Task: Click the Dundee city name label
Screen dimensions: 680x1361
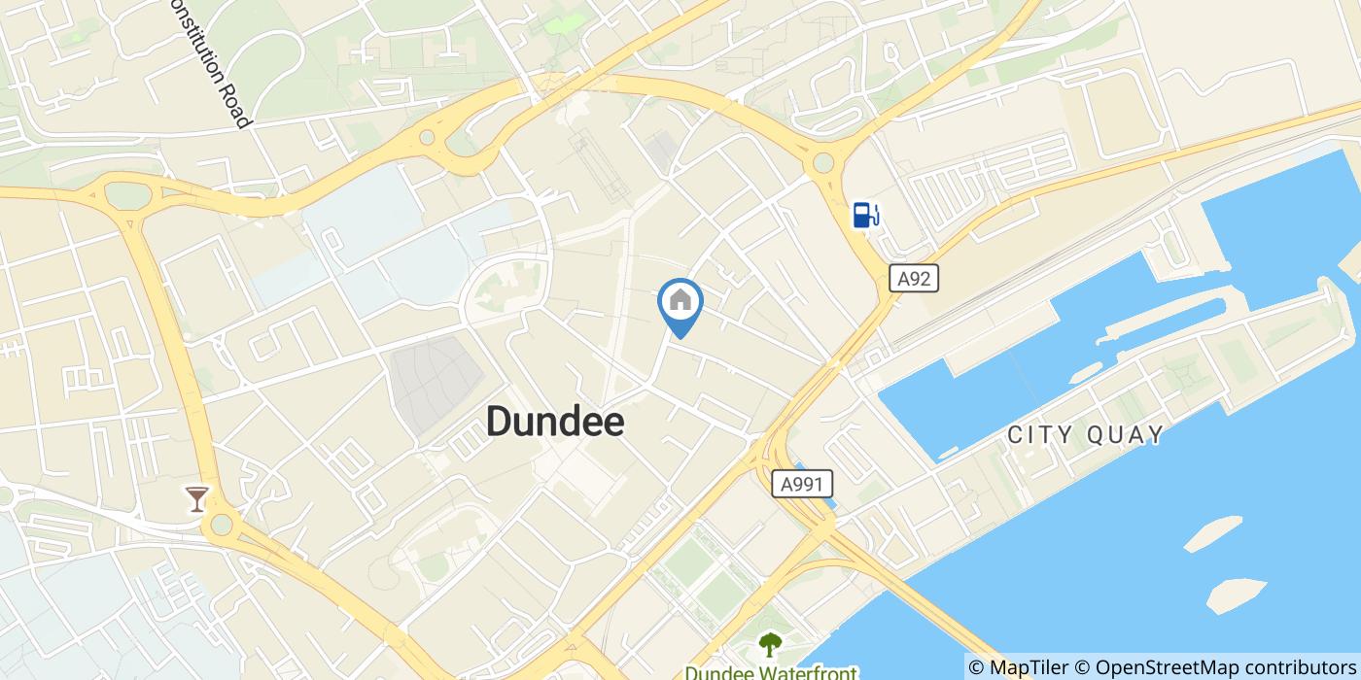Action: [554, 422]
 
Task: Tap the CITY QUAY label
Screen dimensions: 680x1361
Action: [1085, 434]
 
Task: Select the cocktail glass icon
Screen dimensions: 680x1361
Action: [197, 499]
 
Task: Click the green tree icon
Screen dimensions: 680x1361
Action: [770, 644]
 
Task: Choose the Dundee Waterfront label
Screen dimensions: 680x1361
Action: [770, 671]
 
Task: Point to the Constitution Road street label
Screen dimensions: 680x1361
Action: [210, 63]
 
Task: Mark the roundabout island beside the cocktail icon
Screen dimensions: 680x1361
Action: [222, 525]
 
